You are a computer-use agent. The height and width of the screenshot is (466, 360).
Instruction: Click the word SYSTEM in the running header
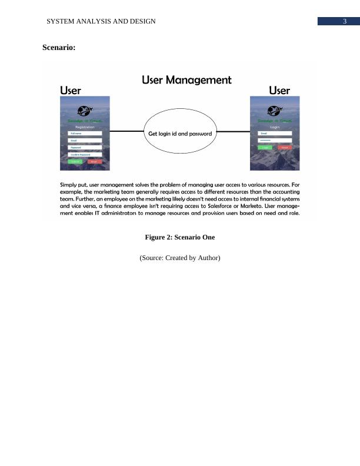tap(61, 21)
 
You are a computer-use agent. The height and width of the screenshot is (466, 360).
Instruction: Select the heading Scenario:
tap(59, 48)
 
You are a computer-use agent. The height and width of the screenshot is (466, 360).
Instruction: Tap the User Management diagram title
tap(186, 80)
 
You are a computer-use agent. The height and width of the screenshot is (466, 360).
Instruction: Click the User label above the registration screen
tap(71, 91)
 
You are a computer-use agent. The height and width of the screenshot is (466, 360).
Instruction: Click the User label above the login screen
tap(279, 91)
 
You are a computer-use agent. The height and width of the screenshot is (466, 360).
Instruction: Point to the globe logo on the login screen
tap(275, 110)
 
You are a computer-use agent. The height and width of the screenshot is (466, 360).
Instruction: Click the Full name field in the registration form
tap(85, 134)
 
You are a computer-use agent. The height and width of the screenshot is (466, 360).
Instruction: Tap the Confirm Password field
tap(85, 154)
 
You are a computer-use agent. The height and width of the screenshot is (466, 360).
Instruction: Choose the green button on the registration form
tap(75, 161)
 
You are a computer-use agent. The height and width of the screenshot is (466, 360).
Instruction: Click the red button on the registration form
tap(94, 161)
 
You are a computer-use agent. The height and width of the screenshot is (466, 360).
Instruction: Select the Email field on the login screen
tap(275, 134)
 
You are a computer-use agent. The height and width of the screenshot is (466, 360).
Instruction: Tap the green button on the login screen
tap(265, 148)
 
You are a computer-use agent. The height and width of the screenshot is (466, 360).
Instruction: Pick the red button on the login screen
tap(285, 148)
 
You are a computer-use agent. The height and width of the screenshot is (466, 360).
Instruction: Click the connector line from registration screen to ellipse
tap(127, 132)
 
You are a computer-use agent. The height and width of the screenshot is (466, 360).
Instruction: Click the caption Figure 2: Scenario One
tap(180, 238)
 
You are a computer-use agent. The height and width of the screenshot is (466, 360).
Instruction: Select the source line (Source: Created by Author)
tap(180, 258)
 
